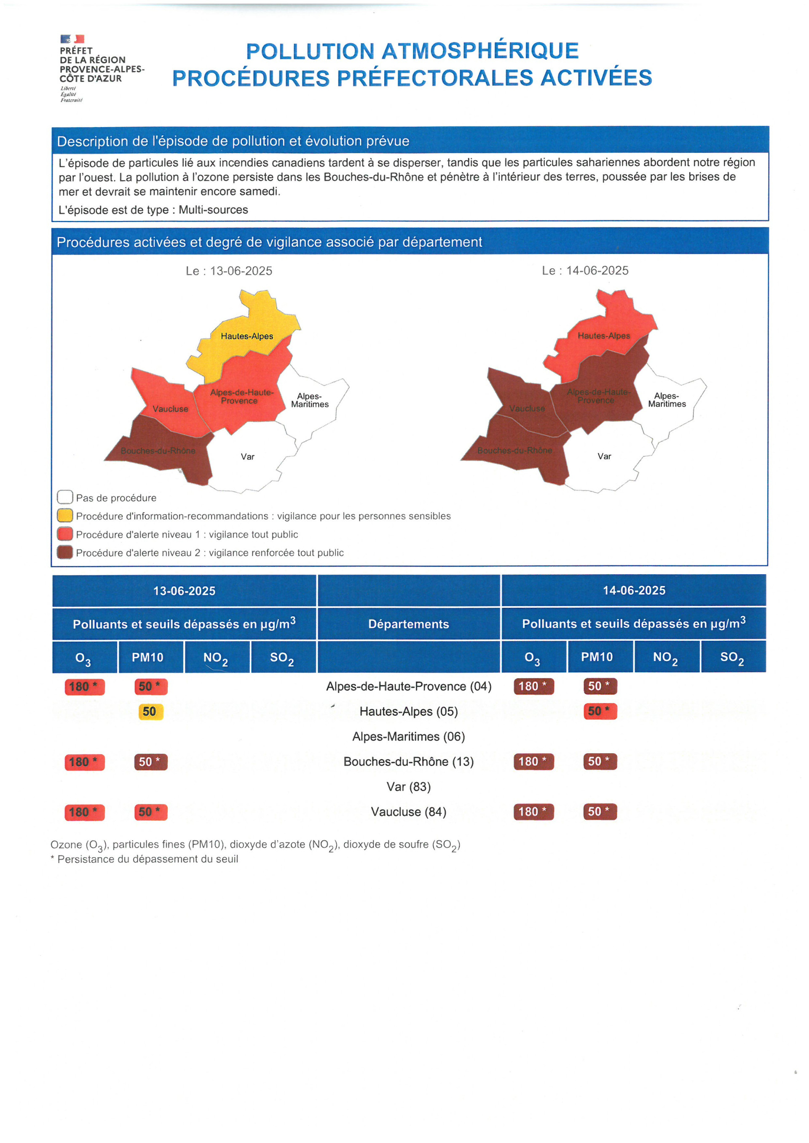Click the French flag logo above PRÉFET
tap(72, 39)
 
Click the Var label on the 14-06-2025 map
tap(604, 456)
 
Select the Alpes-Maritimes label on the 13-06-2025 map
tap(310, 400)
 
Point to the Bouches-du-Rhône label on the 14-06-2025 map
tap(514, 450)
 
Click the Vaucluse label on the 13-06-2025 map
tap(170, 409)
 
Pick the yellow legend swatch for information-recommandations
tap(65, 516)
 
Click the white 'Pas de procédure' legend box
tap(65, 497)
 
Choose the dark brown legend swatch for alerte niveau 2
tap(65, 553)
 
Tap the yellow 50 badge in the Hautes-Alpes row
tap(150, 711)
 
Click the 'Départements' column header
tap(408, 624)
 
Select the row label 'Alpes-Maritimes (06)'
tap(408, 736)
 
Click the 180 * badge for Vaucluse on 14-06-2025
tap(533, 811)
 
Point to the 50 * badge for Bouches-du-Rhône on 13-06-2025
tap(150, 762)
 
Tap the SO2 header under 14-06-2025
tap(732, 658)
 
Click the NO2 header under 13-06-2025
tap(216, 658)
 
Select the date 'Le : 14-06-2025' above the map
tap(585, 271)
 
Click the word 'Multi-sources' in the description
tap(213, 210)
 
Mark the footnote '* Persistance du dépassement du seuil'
tap(144, 859)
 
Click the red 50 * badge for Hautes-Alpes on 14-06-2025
tap(600, 711)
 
